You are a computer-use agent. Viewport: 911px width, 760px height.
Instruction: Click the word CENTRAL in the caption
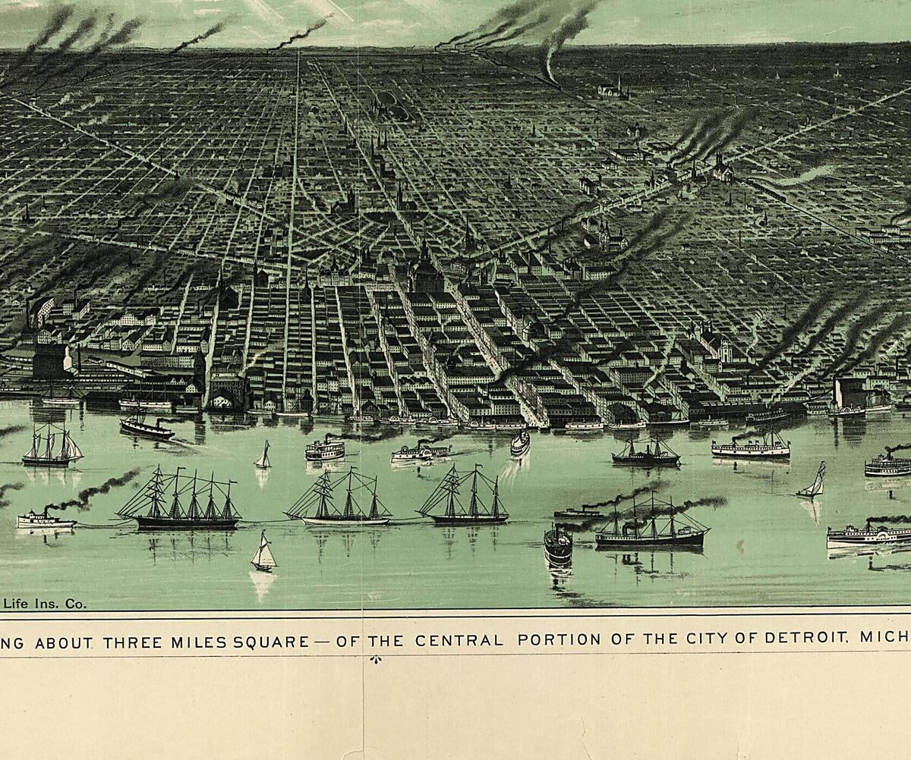[x=459, y=639]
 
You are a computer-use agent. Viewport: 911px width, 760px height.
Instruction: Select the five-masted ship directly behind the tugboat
[x=179, y=502]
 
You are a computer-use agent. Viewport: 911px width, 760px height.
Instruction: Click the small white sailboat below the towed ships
[x=263, y=554]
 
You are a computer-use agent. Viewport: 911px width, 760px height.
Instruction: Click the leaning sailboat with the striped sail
[x=813, y=482]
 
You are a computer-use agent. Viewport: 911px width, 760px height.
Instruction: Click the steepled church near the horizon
[x=614, y=89]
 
